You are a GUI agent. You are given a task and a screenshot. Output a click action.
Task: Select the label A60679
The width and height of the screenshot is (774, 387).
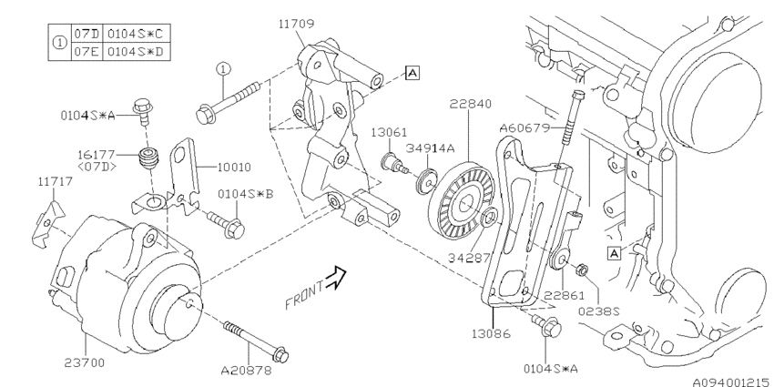tap(524, 128)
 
